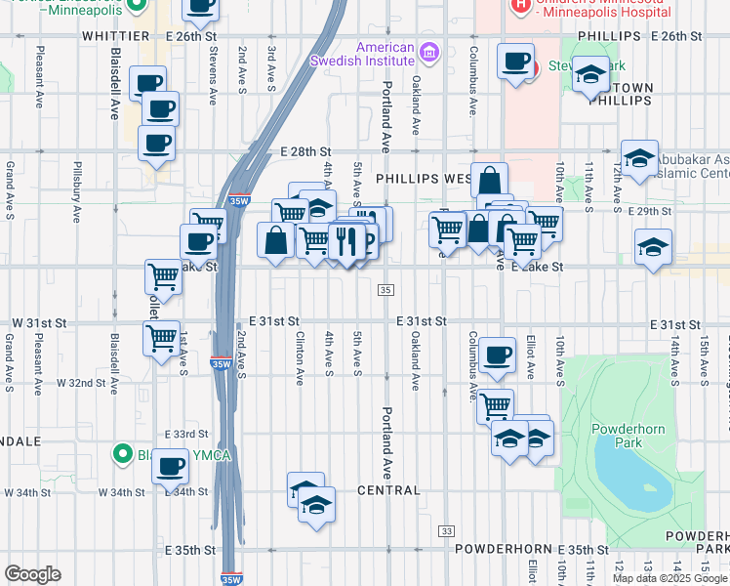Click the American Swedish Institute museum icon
click(x=427, y=51)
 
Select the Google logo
click(x=32, y=573)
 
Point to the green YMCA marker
click(x=122, y=453)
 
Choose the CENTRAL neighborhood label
click(x=388, y=490)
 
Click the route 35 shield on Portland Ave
click(x=386, y=290)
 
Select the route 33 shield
click(x=446, y=530)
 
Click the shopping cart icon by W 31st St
click(x=161, y=338)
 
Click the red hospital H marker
click(x=521, y=7)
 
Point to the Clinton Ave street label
click(x=301, y=357)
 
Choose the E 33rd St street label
click(x=187, y=433)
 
